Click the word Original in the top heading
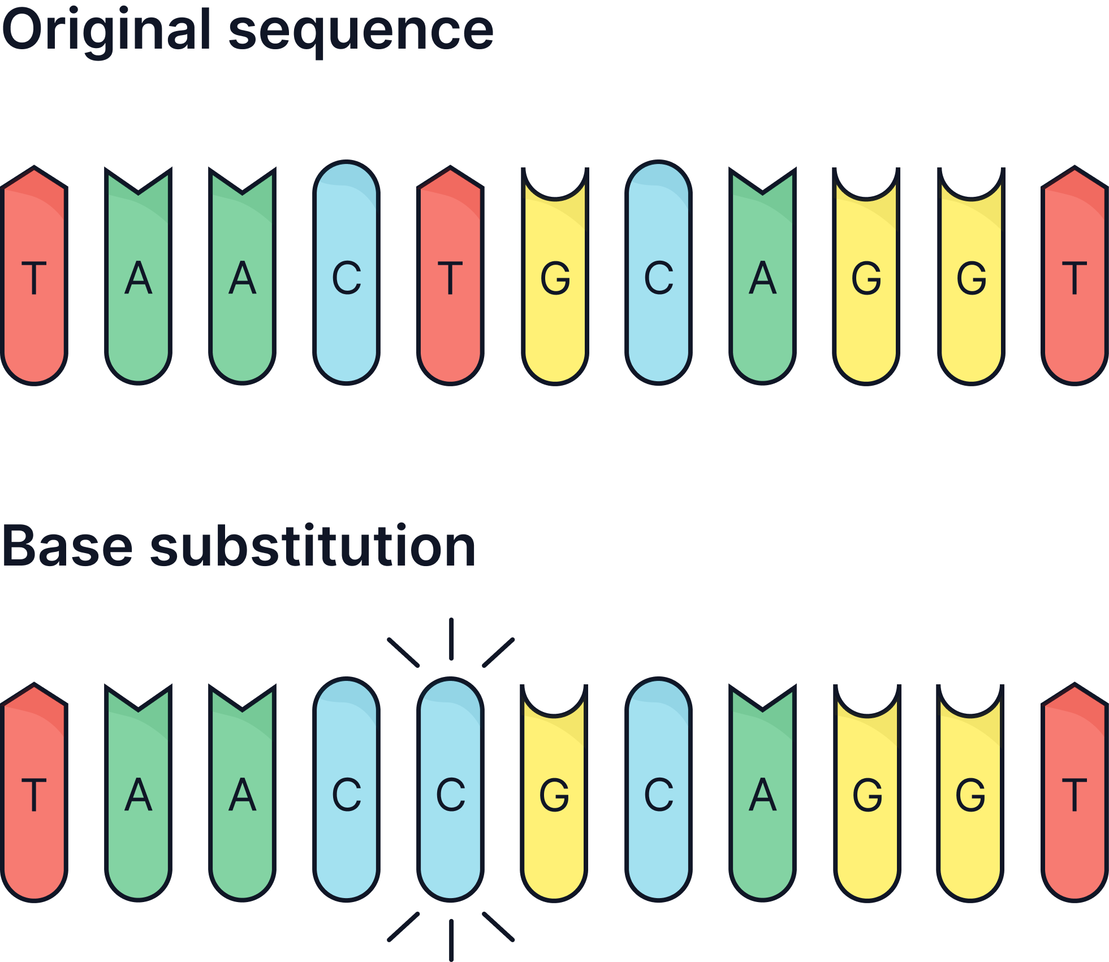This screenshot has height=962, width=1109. pos(106,31)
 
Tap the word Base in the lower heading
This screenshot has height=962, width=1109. pos(68,547)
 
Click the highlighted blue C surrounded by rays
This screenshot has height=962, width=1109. pos(451,792)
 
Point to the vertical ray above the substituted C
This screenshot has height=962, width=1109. pos(451,639)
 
